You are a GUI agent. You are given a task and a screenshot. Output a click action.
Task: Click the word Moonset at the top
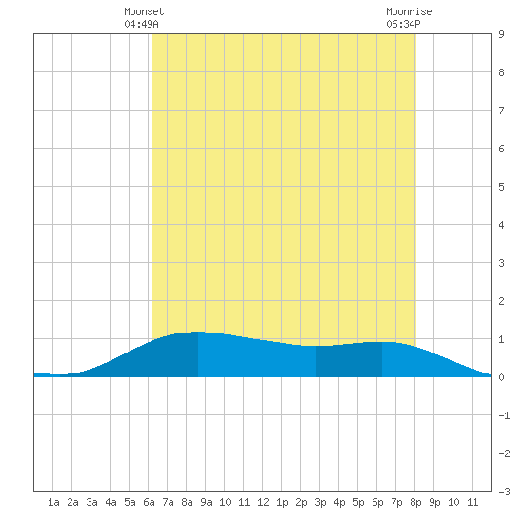tap(144, 11)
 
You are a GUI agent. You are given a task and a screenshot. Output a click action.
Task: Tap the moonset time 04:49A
tap(141, 24)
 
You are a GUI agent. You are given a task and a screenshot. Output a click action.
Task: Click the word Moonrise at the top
tap(409, 11)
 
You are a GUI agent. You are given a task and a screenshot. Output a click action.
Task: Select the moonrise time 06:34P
tap(403, 24)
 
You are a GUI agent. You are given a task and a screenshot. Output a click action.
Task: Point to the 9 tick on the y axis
tap(501, 34)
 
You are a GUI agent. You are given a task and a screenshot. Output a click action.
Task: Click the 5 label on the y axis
tap(501, 187)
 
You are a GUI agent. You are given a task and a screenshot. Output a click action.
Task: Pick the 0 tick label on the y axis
tap(501, 377)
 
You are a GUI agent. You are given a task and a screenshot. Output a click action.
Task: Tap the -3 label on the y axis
tap(504, 492)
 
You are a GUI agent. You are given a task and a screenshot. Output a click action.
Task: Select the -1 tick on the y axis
tap(504, 415)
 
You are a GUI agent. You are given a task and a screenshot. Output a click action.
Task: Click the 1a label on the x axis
tap(53, 502)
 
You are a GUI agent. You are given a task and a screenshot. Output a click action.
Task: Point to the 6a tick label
tap(149, 502)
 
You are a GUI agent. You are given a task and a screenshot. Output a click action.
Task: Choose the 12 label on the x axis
tap(263, 502)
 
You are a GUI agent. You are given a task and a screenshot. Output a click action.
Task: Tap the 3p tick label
tap(320, 502)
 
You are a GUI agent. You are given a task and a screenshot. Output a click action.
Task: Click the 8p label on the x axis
tap(415, 502)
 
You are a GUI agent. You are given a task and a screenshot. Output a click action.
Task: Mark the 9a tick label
tap(206, 502)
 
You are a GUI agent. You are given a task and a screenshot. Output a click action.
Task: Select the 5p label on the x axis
tap(358, 502)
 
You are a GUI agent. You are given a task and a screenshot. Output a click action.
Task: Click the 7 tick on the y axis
tap(501, 111)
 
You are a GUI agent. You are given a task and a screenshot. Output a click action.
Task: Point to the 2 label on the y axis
tap(501, 301)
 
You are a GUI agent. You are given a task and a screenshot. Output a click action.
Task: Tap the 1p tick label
tap(282, 502)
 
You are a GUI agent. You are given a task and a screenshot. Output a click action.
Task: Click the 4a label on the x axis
tap(111, 502)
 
